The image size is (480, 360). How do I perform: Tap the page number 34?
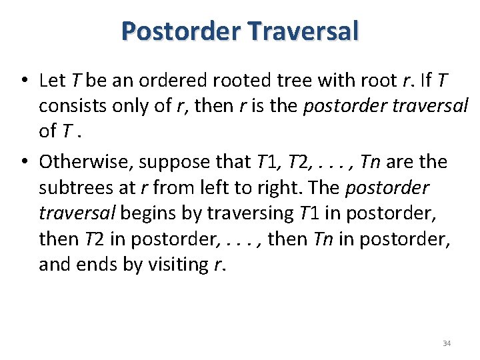coord(447,343)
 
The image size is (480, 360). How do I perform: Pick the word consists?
coord(69,106)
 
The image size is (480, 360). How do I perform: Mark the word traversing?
coord(251,213)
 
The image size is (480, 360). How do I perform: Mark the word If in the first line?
coord(425,81)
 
